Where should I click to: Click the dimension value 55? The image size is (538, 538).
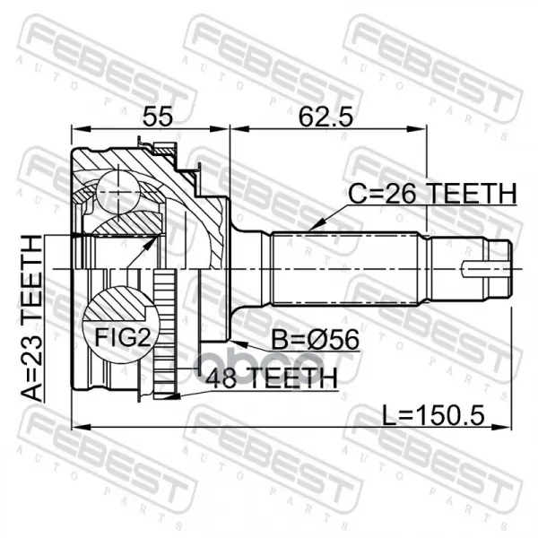pyautogui.click(x=158, y=116)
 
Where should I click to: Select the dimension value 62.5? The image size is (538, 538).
pyautogui.click(x=325, y=116)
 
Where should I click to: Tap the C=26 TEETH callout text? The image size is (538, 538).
pyautogui.click(x=432, y=194)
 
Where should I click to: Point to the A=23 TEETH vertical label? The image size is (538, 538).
pyautogui.click(x=32, y=318)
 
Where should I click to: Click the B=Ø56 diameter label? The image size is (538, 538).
pyautogui.click(x=316, y=339)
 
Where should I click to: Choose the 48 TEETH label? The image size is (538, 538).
pyautogui.click(x=272, y=377)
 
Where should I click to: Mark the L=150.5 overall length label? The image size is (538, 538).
pyautogui.click(x=433, y=415)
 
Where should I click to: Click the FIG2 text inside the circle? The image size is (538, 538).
pyautogui.click(x=123, y=337)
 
